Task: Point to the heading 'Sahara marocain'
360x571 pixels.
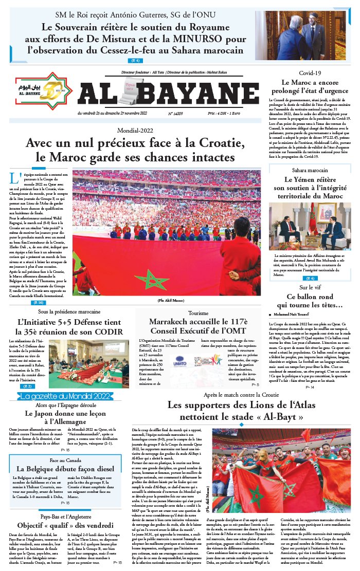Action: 310,170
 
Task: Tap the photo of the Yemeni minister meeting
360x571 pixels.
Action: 310,227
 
